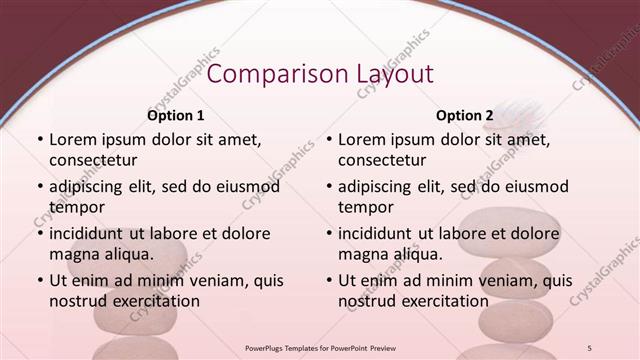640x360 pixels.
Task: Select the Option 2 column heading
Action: (x=465, y=116)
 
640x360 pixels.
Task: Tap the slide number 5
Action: (x=590, y=347)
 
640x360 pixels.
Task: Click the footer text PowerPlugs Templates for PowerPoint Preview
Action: (x=320, y=347)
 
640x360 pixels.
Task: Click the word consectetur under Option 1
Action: (x=93, y=160)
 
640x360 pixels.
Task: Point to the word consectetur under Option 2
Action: (x=382, y=160)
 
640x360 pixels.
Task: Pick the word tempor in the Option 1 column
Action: (x=75, y=207)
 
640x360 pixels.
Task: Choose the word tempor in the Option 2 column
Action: (x=364, y=207)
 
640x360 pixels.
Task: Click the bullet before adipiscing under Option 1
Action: (x=39, y=187)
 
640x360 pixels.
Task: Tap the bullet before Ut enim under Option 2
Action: (x=328, y=281)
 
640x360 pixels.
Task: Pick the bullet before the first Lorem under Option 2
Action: (x=328, y=140)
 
